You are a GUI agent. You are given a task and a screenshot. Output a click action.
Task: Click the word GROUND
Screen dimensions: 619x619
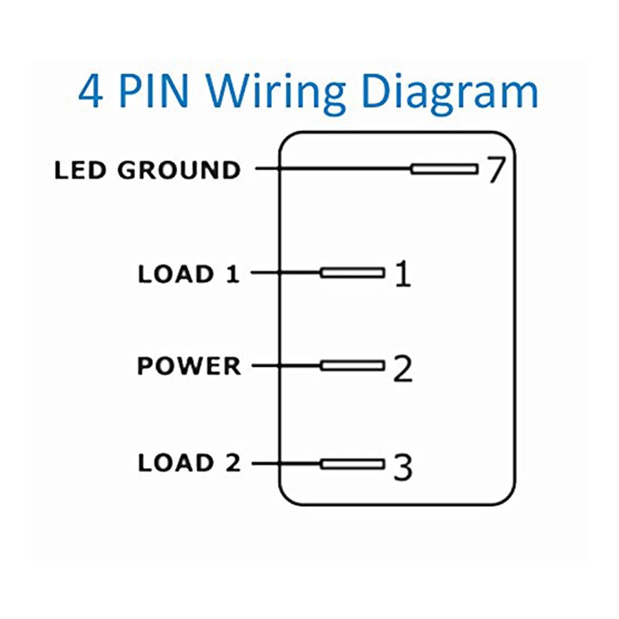(179, 170)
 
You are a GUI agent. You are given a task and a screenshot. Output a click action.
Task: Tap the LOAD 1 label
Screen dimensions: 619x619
(188, 274)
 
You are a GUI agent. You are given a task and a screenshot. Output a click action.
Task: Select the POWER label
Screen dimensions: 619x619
(189, 366)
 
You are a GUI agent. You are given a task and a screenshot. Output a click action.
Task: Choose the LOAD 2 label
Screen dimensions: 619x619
(189, 463)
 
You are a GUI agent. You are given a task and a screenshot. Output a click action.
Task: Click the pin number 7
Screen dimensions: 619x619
(496, 170)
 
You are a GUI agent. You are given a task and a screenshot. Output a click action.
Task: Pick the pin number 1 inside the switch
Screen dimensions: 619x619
(402, 274)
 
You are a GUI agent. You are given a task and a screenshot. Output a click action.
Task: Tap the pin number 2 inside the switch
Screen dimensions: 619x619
(402, 368)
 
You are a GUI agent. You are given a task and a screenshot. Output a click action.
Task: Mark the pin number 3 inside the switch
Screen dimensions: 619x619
(403, 468)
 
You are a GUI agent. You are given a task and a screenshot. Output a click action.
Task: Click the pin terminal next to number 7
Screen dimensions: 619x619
(444, 169)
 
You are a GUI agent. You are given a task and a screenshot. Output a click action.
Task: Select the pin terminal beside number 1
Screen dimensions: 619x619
(352, 272)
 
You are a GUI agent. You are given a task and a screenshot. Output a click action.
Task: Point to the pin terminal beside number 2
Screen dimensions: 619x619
(352, 366)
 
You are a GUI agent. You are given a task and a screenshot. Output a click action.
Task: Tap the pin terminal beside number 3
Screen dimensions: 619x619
(352, 464)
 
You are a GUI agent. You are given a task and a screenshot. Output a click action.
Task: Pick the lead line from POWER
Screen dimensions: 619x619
(286, 366)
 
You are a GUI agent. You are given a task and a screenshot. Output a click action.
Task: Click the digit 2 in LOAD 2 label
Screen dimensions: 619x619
(231, 463)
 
